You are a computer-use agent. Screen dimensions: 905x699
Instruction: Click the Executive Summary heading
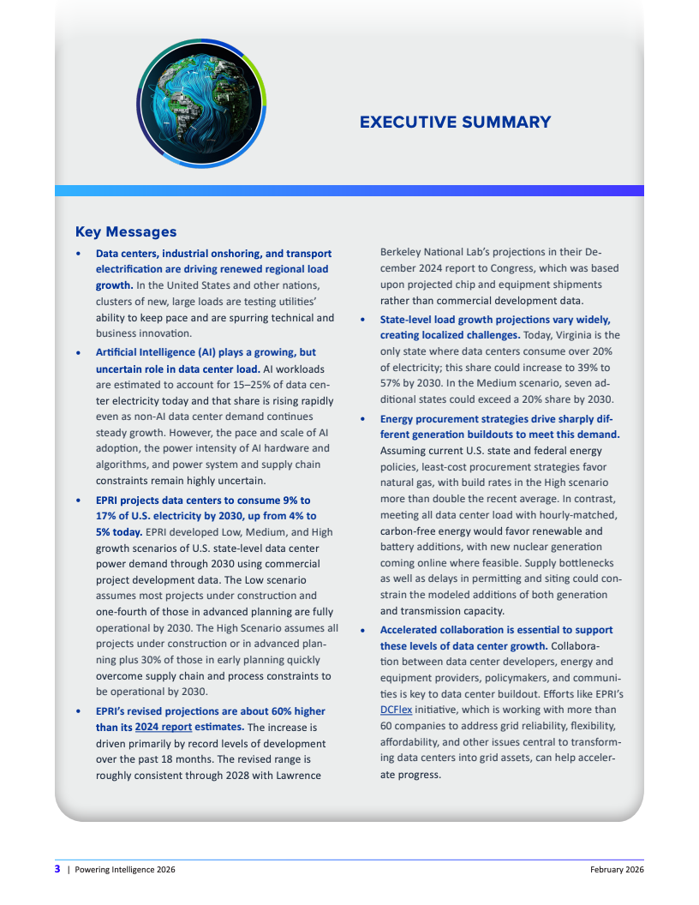tap(455, 122)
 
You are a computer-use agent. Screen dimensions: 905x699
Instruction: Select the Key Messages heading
tap(126, 231)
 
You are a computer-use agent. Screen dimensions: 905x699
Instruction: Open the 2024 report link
tap(163, 728)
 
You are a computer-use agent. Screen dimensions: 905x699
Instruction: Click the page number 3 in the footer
tap(57, 870)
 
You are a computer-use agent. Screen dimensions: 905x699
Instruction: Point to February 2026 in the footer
tap(617, 870)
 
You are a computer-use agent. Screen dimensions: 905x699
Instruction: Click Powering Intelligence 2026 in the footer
tap(125, 870)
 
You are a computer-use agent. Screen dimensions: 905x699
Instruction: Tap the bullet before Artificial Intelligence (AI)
tap(79, 353)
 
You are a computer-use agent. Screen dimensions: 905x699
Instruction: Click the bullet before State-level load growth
tap(363, 319)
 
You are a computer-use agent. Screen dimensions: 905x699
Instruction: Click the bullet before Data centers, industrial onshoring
tap(79, 254)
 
